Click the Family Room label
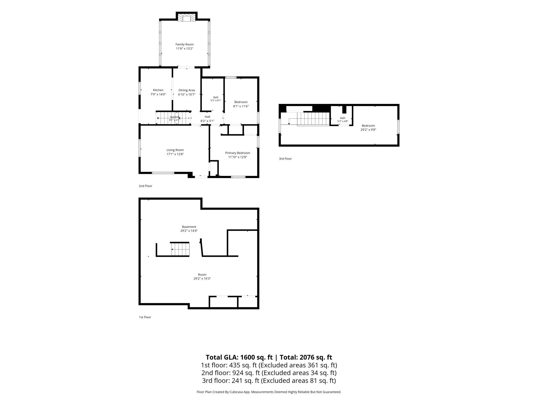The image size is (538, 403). pos(184,44)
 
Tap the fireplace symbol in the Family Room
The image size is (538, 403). pos(186,18)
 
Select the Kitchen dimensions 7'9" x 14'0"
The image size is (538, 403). pos(158,94)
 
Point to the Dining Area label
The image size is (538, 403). pos(186,90)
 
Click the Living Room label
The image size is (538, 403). pos(175,150)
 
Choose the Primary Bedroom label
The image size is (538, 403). pos(237,153)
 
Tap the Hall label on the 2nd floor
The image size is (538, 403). pos(207,117)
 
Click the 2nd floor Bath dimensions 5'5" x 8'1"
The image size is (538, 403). pos(216,100)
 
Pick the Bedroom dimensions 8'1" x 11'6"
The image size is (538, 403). pos(241,106)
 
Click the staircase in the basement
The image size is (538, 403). pos(180,249)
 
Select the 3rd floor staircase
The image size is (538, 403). pos(313,119)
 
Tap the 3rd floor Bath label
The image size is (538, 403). pos(343,118)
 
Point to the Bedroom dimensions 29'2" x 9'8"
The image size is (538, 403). pos(368,130)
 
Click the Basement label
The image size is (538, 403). pos(189,227)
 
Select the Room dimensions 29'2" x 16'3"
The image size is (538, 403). pos(202,278)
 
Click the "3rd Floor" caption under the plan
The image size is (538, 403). pos(285,159)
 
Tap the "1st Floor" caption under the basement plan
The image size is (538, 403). pos(145,317)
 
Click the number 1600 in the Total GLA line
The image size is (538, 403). pos(248,357)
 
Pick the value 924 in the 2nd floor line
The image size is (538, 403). pos(237,373)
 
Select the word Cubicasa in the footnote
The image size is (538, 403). pos(237,392)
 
